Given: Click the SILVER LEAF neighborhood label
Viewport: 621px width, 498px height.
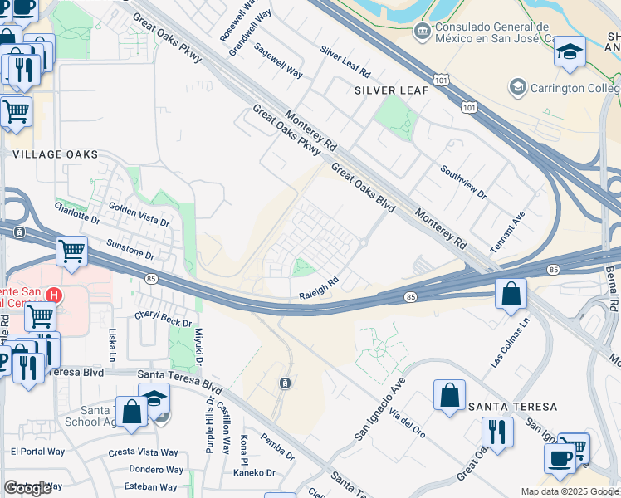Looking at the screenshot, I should coord(392,89).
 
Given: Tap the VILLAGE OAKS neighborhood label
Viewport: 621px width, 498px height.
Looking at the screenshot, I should coord(55,154).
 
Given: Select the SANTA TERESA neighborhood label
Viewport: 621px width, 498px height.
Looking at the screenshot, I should coord(506,407).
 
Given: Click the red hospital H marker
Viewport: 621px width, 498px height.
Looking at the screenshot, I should coord(54,295).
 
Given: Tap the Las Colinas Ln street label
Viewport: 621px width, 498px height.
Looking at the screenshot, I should coord(509,348).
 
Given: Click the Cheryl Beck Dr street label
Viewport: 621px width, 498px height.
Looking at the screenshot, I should coord(163,320).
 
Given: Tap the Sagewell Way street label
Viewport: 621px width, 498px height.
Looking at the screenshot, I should coord(278,60).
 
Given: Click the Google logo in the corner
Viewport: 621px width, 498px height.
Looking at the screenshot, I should coord(27,488).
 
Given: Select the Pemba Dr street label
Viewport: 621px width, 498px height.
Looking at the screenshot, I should coord(277,446).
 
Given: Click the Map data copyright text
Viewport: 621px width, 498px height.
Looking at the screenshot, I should coord(570,491).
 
